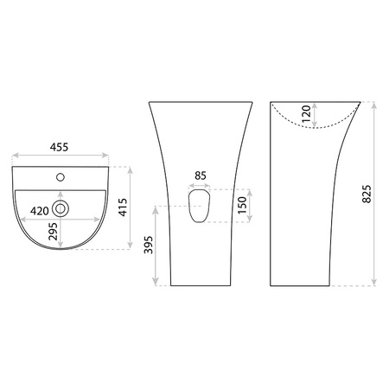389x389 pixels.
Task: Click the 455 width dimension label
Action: (x=59, y=147)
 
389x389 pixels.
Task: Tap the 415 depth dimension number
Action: (x=123, y=207)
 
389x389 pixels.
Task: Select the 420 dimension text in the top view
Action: (x=40, y=211)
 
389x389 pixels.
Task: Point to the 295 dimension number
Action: (x=53, y=232)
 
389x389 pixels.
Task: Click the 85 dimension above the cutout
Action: (x=201, y=175)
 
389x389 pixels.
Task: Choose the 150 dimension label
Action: (x=242, y=205)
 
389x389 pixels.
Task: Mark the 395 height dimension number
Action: (x=149, y=245)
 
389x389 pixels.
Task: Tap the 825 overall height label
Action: (x=367, y=194)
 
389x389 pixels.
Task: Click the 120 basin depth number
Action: (x=306, y=113)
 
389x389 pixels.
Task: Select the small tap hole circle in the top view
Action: (x=61, y=177)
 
